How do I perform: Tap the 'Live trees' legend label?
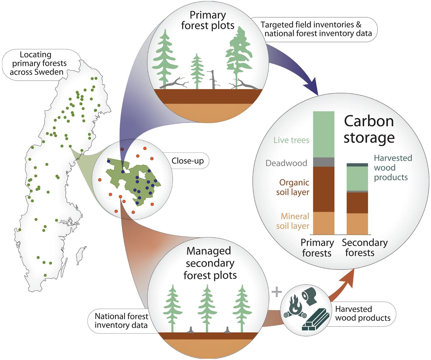291,140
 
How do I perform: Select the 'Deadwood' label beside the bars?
286,163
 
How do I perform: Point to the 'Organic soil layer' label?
293,187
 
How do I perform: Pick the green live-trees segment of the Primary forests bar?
324,134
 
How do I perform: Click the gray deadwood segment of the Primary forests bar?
324,162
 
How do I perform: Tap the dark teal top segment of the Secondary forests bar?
357,165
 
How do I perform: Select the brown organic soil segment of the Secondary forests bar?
357,203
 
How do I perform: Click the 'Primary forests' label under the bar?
317,248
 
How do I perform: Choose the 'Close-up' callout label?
188,161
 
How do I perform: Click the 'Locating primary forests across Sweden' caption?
38,63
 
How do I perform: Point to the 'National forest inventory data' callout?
121,321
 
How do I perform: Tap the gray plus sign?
277,292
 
